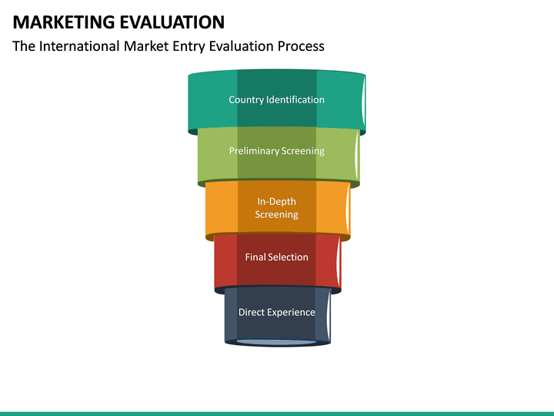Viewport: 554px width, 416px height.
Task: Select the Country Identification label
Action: click(x=276, y=99)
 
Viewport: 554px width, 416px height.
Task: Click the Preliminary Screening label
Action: click(x=276, y=151)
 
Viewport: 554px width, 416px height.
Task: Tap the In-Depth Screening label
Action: click(x=276, y=208)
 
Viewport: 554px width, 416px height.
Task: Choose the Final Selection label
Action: click(x=276, y=257)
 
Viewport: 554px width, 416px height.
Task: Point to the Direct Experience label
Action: click(x=276, y=312)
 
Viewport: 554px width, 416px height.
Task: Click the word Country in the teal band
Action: click(x=246, y=99)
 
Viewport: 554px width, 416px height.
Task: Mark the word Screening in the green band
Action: click(x=302, y=151)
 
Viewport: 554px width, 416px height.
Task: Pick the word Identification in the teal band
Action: click(x=295, y=99)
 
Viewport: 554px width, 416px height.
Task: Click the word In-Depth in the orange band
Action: click(x=276, y=202)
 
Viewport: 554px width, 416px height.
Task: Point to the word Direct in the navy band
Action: click(x=252, y=312)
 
